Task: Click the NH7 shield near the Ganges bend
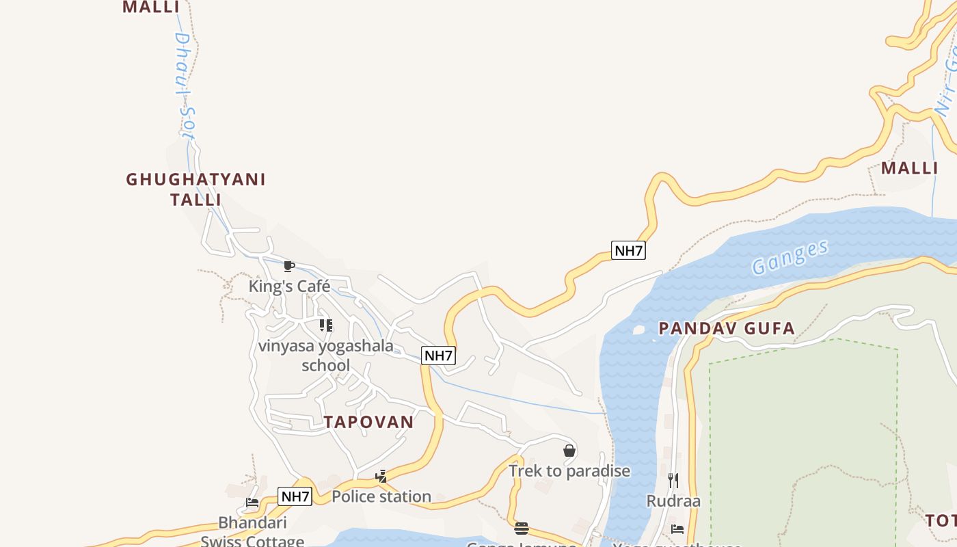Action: [628, 250]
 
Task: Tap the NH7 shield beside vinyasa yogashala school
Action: [438, 356]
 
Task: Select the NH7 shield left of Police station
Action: [295, 496]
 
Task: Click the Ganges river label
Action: [790, 257]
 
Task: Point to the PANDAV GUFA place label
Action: [727, 329]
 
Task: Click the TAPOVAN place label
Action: [369, 422]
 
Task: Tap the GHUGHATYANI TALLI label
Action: [196, 189]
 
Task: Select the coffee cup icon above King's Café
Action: [288, 266]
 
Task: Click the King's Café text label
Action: [289, 286]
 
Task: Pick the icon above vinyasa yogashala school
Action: [326, 325]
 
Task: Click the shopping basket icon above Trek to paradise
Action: [569, 451]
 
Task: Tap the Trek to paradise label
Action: [569, 471]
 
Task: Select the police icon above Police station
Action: [381, 476]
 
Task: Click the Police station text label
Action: [381, 496]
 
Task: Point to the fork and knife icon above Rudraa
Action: [673, 481]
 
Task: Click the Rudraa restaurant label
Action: [673, 501]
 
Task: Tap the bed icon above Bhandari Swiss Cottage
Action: [252, 503]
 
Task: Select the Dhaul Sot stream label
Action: [185, 85]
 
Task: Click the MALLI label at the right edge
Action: [909, 168]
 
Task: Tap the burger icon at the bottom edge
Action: [522, 528]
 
